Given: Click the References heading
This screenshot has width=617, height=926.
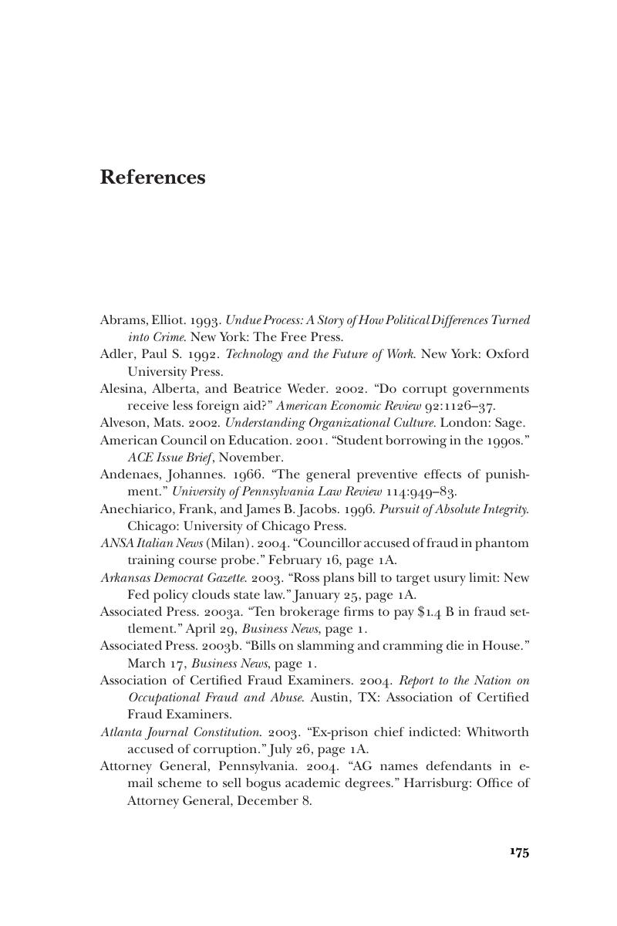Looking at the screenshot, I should point(153,177).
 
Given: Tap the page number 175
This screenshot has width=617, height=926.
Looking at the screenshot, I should point(519,852).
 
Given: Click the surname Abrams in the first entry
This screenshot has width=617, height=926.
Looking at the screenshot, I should point(123,319).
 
